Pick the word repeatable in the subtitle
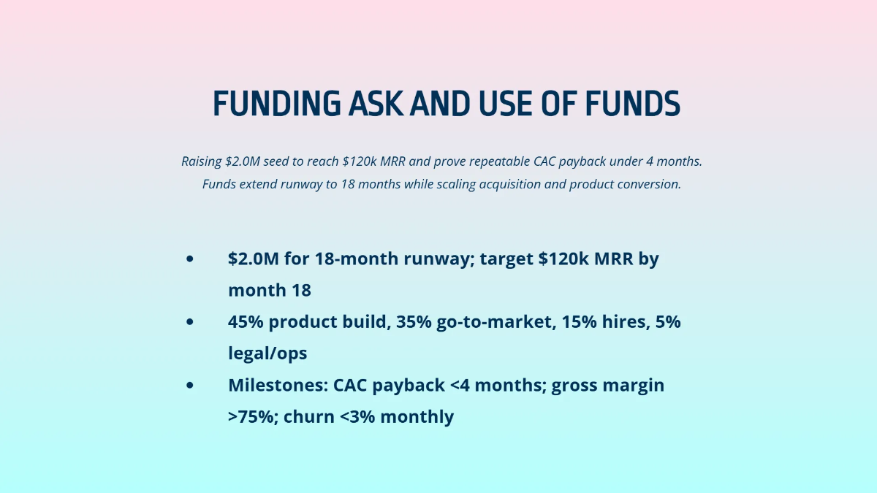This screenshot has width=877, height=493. click(478, 161)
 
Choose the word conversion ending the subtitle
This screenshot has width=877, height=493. click(649, 184)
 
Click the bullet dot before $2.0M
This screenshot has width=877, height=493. click(190, 259)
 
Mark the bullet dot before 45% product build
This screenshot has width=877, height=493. click(190, 321)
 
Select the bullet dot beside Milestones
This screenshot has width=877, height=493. click(190, 385)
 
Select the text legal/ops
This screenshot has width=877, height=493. click(267, 353)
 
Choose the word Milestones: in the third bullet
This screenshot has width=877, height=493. click(278, 385)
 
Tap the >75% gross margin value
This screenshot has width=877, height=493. click(252, 417)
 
